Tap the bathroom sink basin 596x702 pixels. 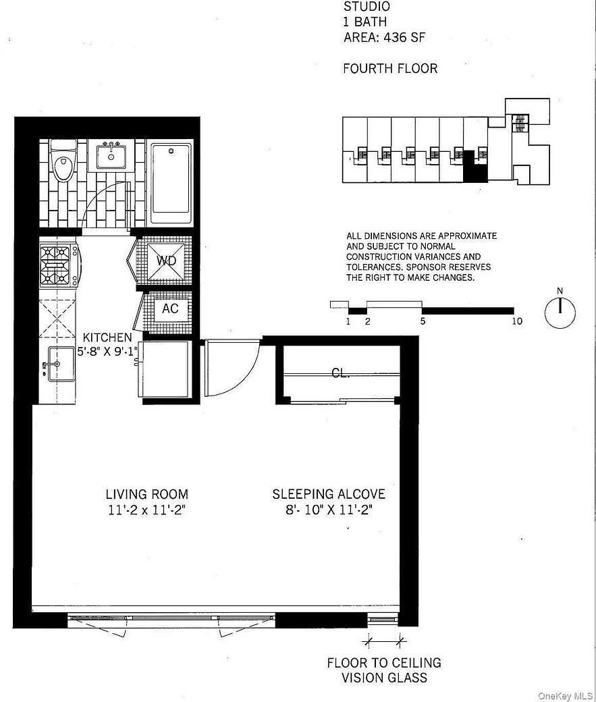[x=109, y=157]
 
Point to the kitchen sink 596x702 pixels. [x=61, y=364]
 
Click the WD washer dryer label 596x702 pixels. [x=167, y=261]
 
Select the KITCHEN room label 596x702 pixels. [x=107, y=337]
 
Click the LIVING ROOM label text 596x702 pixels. [x=146, y=494]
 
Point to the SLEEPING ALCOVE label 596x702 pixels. [x=329, y=494]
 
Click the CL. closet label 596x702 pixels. [x=340, y=373]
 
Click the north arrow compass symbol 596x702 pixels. [x=560, y=312]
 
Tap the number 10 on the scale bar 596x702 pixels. [x=517, y=321]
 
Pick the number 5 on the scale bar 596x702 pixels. [x=423, y=321]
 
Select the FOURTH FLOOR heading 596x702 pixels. [x=390, y=68]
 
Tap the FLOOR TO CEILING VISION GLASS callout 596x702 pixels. [x=384, y=670]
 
